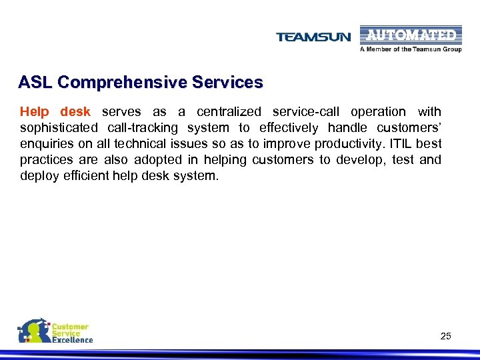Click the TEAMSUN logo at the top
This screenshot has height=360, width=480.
(313, 37)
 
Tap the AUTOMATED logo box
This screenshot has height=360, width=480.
(411, 35)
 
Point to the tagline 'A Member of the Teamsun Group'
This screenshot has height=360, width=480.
(411, 49)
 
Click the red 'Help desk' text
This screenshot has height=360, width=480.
(55, 112)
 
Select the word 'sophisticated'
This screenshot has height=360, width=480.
(59, 128)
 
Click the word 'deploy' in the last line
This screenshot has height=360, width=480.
(37, 176)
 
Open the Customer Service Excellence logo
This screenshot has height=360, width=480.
(55, 331)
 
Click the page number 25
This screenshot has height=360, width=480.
(445, 336)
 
